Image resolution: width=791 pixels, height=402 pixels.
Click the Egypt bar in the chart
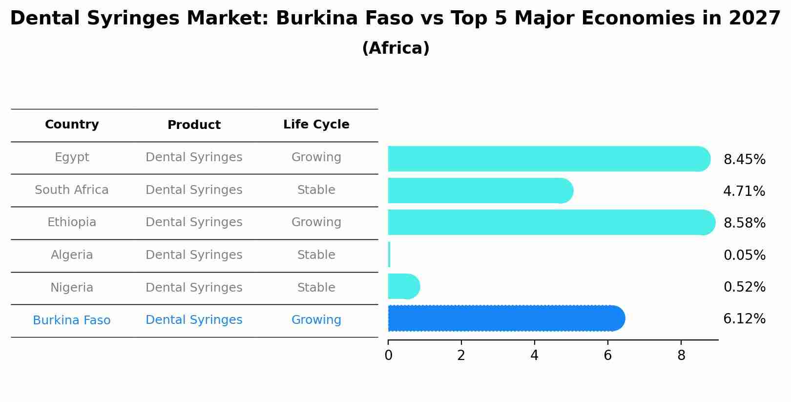pyautogui.click(x=547, y=159)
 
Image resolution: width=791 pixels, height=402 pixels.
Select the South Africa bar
pyautogui.click(x=479, y=190)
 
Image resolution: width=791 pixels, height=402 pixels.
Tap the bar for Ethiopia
pyautogui.click(x=549, y=222)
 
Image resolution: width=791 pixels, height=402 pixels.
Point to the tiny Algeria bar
pyautogui.click(x=389, y=254)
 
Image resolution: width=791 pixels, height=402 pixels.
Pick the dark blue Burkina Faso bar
pyautogui.click(x=505, y=318)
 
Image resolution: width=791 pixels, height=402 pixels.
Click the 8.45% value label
pyautogui.click(x=744, y=160)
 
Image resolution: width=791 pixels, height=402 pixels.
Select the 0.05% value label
pyautogui.click(x=744, y=255)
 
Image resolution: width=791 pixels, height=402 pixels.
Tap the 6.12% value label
pyautogui.click(x=744, y=319)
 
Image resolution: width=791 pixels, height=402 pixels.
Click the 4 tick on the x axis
pyautogui.click(x=534, y=356)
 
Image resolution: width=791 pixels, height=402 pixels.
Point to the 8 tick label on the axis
pyautogui.click(x=681, y=356)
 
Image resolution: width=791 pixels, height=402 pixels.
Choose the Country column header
pyautogui.click(x=72, y=125)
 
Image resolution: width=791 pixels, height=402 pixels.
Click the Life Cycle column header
pyautogui.click(x=316, y=125)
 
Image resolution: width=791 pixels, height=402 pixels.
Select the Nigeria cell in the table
pyautogui.click(x=72, y=288)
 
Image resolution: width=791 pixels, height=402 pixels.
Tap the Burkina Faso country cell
pyautogui.click(x=72, y=320)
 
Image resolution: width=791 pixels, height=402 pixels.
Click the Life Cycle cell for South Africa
pyautogui.click(x=316, y=190)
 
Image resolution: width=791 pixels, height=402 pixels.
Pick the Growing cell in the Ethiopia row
pyautogui.click(x=316, y=222)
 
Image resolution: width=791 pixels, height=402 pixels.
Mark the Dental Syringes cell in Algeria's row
pyautogui.click(x=194, y=255)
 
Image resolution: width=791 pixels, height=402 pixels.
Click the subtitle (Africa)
pyautogui.click(x=395, y=48)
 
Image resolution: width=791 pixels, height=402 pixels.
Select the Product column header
pyautogui.click(x=194, y=125)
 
